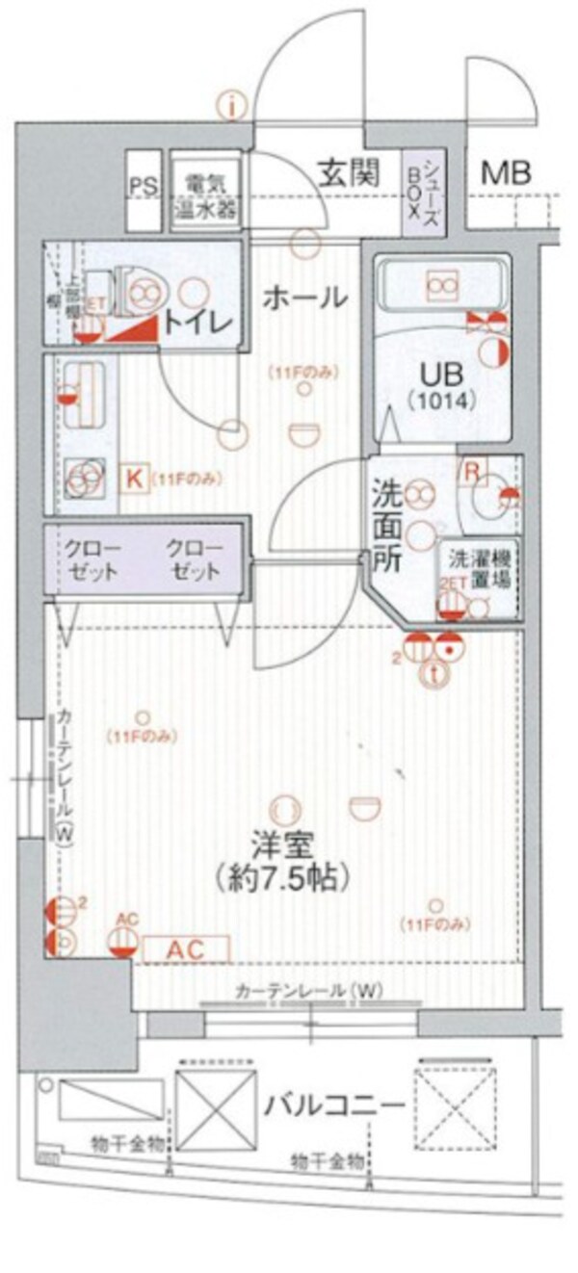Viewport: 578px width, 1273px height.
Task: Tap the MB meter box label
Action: (506, 174)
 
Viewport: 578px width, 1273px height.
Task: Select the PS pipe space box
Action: (145, 186)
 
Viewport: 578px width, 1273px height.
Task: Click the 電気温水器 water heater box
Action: (205, 192)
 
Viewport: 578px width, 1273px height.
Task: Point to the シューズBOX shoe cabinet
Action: (423, 193)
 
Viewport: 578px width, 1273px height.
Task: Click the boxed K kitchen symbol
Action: (135, 477)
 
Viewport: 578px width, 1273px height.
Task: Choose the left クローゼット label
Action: (92, 559)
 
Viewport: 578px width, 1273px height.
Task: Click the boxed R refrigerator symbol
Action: (473, 471)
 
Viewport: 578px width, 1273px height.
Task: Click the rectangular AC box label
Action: (186, 948)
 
